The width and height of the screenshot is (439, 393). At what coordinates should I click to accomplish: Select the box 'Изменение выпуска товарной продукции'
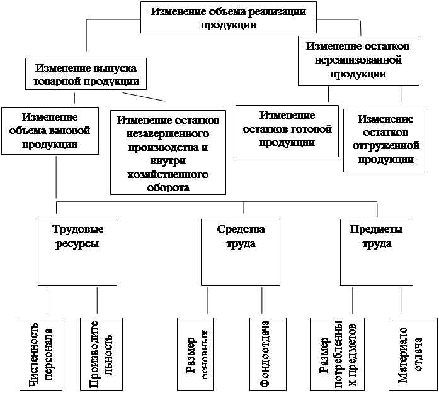86,74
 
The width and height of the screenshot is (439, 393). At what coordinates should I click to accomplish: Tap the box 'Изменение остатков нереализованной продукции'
359,60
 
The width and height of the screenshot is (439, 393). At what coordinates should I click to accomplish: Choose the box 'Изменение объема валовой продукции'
50,130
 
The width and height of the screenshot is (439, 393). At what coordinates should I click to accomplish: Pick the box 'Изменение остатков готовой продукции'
287,130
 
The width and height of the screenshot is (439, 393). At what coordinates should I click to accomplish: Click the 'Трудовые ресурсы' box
77,252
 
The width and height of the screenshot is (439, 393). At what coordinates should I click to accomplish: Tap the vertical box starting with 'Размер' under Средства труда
196,354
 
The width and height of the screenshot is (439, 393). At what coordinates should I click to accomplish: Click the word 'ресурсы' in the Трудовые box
77,243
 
